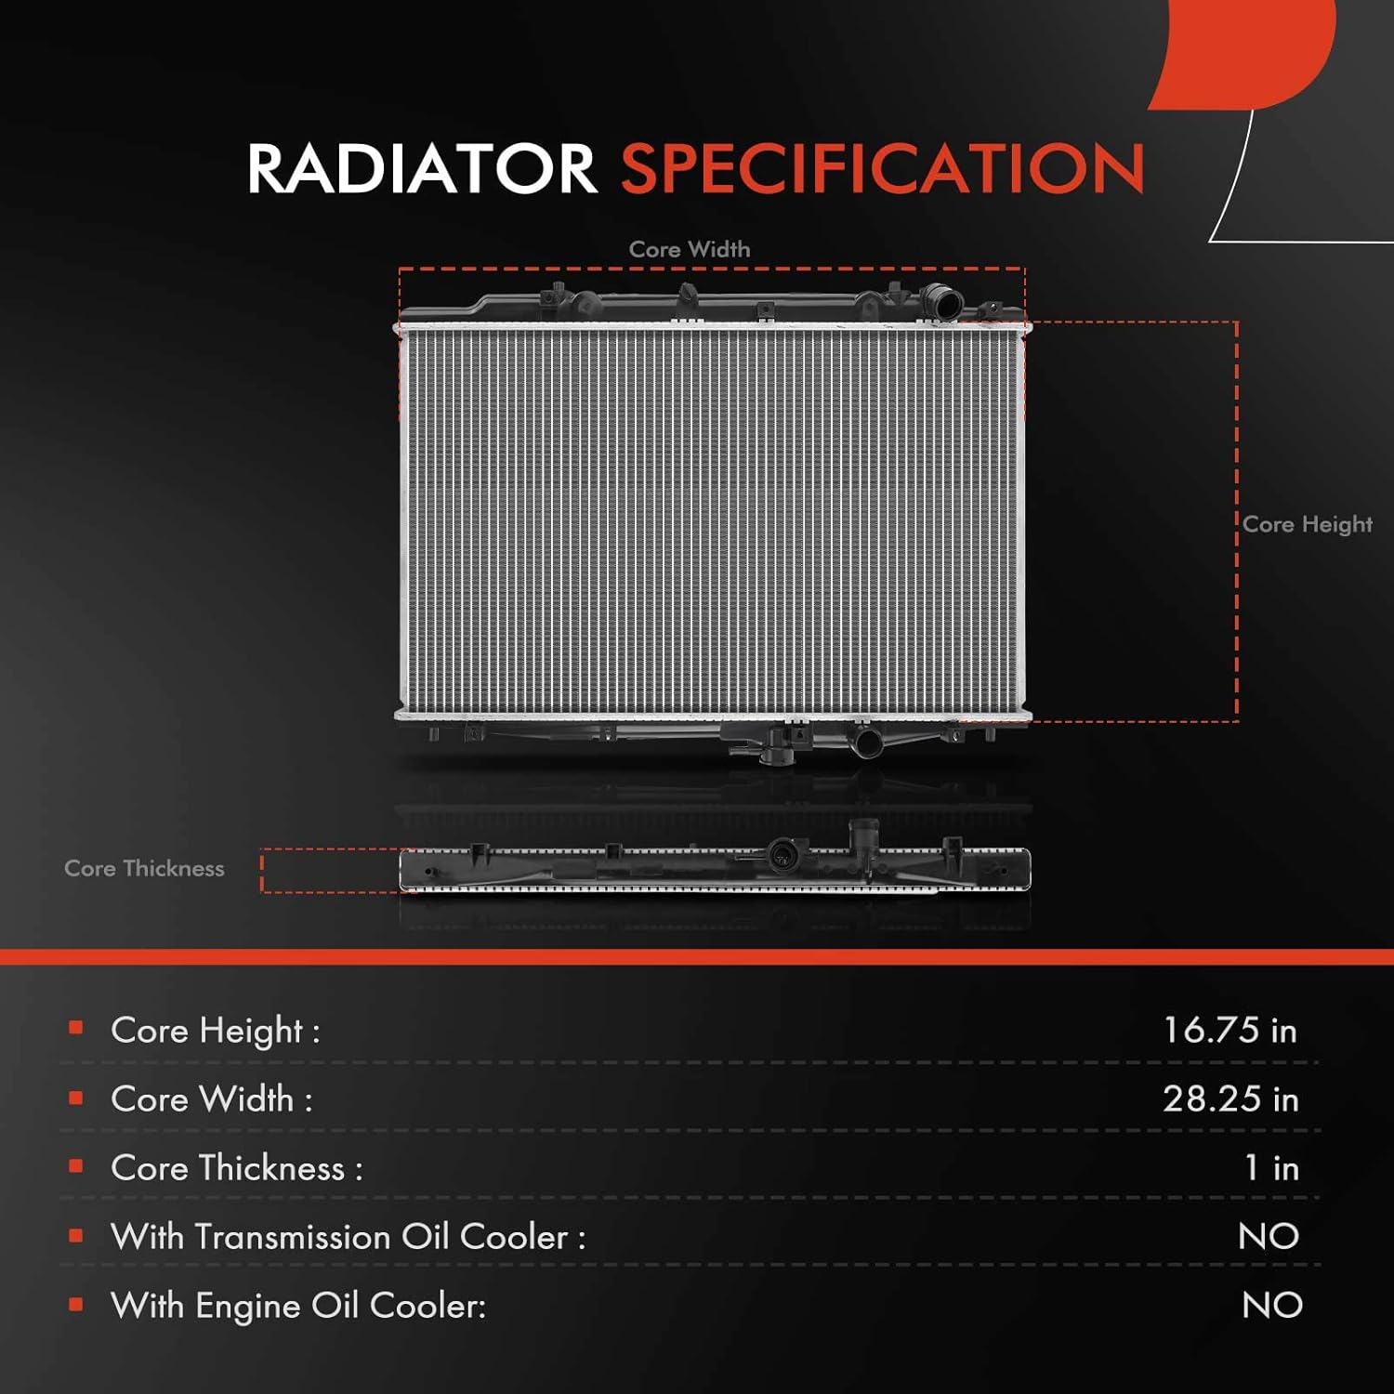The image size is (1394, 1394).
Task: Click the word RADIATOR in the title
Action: tap(421, 169)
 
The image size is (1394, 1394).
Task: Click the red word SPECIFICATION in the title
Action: tap(882, 169)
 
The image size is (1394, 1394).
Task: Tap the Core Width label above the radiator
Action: tap(690, 249)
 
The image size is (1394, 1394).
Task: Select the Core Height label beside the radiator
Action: tap(1307, 524)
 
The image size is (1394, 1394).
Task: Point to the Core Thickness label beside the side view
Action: tap(144, 868)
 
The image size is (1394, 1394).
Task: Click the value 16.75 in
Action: tap(1230, 1030)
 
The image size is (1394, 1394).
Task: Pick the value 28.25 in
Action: tap(1230, 1098)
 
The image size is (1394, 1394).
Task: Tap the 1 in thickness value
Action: tap(1270, 1167)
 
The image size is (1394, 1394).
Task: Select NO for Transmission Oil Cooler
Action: tap(1269, 1236)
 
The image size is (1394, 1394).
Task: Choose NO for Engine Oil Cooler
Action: tap(1271, 1305)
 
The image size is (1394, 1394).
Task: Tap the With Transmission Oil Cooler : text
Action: tap(348, 1237)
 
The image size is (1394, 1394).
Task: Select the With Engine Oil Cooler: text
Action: tap(298, 1306)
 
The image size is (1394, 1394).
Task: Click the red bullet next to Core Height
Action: tap(76, 1028)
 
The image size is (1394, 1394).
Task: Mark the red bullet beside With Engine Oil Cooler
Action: tap(76, 1305)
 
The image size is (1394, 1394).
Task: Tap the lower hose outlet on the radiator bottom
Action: tap(866, 743)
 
